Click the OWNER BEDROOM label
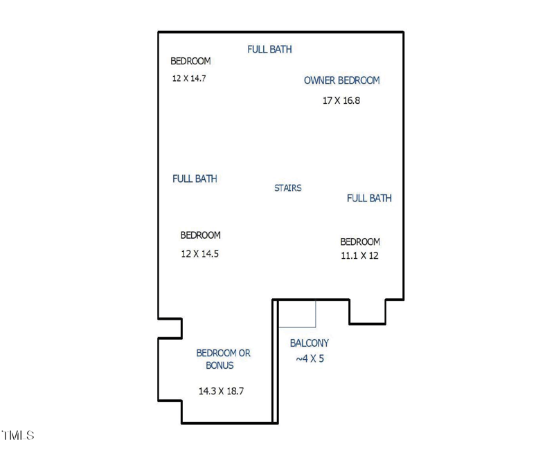pyautogui.click(x=341, y=80)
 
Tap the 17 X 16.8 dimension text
pyautogui.click(x=341, y=100)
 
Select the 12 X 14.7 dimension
pyautogui.click(x=189, y=78)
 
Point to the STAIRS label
pyautogui.click(x=287, y=188)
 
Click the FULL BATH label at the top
pyautogui.click(x=269, y=49)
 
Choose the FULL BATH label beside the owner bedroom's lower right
pyautogui.click(x=369, y=198)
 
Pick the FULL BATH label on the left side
pyautogui.click(x=195, y=179)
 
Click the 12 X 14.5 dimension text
pyautogui.click(x=199, y=254)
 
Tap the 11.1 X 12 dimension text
pyautogui.click(x=359, y=255)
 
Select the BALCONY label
pyautogui.click(x=309, y=343)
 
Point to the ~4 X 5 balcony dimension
pyautogui.click(x=310, y=358)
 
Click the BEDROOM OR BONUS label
pyautogui.click(x=222, y=359)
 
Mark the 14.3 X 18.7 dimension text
pyautogui.click(x=221, y=391)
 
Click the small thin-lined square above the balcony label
pyautogui.click(x=297, y=313)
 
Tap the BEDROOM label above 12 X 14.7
pyautogui.click(x=190, y=62)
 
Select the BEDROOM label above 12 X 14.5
pyautogui.click(x=200, y=235)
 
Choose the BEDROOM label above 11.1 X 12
pyautogui.click(x=360, y=241)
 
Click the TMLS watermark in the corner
pyautogui.click(x=18, y=435)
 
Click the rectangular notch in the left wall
pyautogui.click(x=170, y=328)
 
